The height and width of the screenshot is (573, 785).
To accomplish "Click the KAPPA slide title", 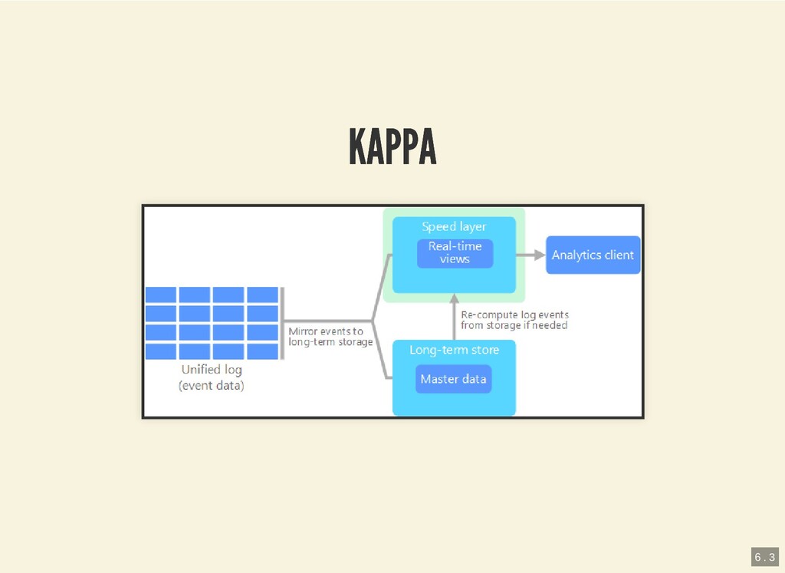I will (x=392, y=147).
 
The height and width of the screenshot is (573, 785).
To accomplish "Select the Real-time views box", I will (x=455, y=253).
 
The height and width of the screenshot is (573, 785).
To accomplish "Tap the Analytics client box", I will (x=593, y=255).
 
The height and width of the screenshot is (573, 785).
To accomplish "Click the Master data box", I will (x=453, y=379).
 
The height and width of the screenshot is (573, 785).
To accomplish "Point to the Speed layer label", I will (x=454, y=227).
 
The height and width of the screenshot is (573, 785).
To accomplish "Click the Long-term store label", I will (x=454, y=350).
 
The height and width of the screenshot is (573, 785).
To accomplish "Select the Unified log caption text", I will (x=212, y=370).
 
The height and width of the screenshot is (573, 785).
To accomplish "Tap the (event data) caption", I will (x=212, y=386).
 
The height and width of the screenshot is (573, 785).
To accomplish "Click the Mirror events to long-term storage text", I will (x=330, y=337).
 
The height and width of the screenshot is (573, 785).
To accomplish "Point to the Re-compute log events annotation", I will (x=514, y=320).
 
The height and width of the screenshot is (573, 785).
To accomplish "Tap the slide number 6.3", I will (x=764, y=556).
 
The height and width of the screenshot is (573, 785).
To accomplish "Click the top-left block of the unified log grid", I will (x=161, y=295).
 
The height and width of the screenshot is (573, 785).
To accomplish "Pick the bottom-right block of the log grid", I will (x=263, y=351).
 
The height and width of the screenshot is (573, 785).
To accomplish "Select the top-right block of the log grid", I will (x=263, y=295).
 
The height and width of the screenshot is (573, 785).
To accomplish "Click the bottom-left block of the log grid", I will (x=161, y=351).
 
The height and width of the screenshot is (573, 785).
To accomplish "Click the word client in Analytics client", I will (x=618, y=255).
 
